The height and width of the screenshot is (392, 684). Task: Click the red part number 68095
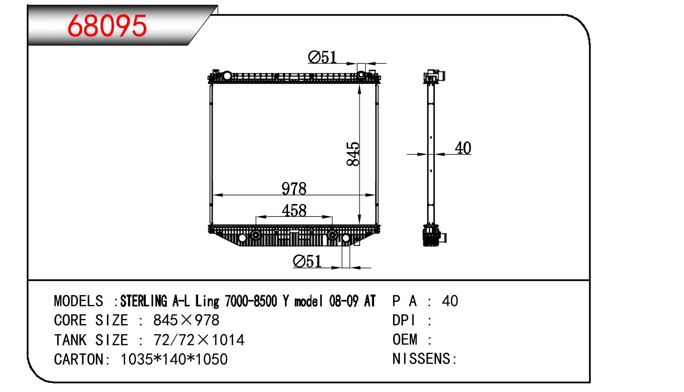(107, 26)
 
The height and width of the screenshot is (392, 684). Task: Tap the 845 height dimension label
(353, 154)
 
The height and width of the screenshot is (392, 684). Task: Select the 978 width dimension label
(294, 188)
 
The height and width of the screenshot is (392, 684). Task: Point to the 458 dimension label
(294, 210)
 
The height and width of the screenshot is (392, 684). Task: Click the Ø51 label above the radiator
(322, 57)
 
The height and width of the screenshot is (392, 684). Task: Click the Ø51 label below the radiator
(307, 261)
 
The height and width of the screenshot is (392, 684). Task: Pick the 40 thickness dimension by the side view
(463, 148)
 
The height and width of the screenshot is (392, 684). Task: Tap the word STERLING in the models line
(144, 301)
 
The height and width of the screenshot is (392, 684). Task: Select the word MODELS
(79, 301)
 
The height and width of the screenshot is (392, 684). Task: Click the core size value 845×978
(186, 320)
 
